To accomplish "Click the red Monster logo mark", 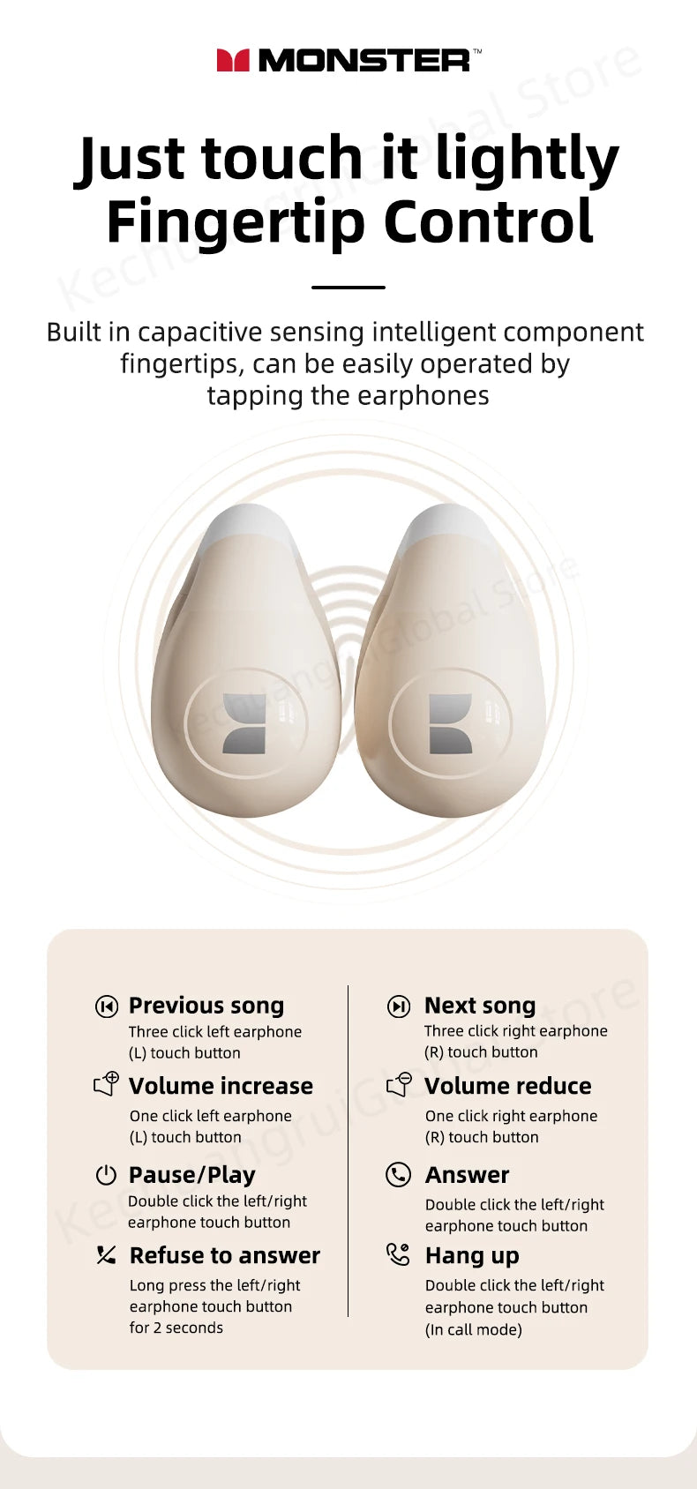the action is [233, 60].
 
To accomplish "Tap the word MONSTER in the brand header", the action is [363, 61].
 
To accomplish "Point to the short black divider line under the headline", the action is [348, 288].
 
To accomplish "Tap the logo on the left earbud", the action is [244, 724].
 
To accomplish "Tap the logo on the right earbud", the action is [451, 724].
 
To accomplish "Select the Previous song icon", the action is [107, 1006].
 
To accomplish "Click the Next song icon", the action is [399, 1006].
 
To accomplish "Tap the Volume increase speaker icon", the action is [107, 1084].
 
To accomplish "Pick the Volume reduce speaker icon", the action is [400, 1084].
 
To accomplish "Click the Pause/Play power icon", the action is [107, 1175].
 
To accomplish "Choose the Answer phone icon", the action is [399, 1175].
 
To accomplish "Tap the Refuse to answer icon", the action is [107, 1255].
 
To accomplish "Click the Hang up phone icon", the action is [399, 1254].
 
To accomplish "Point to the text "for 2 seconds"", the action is [176, 1328].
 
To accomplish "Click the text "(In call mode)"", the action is [474, 1329].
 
